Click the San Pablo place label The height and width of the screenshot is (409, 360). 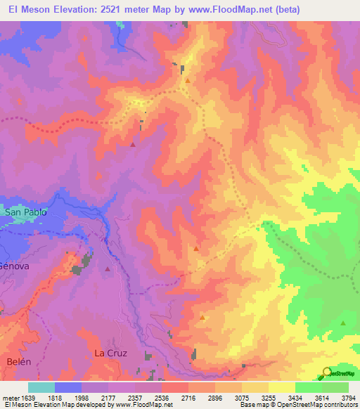(x=25, y=212)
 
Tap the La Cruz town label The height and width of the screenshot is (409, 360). (x=110, y=353)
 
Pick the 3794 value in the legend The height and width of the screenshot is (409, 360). (x=348, y=398)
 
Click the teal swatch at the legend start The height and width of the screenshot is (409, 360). (x=41, y=387)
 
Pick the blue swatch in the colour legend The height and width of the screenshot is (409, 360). (x=68, y=387)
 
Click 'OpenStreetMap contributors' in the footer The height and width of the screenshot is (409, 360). (x=319, y=405)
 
